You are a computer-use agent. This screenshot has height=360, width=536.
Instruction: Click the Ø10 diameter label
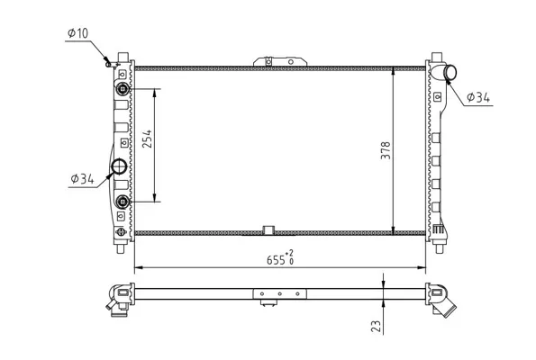click(78, 33)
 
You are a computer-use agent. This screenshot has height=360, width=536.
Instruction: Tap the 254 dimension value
click(147, 139)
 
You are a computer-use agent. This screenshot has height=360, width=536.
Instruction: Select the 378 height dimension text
click(386, 150)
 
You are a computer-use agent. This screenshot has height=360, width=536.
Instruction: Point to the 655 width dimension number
click(276, 260)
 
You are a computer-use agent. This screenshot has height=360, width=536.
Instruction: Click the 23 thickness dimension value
click(376, 326)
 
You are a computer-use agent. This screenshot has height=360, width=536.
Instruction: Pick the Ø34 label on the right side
click(478, 98)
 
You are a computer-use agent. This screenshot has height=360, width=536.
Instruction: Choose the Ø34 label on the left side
click(82, 178)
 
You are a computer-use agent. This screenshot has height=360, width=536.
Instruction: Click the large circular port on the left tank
click(119, 166)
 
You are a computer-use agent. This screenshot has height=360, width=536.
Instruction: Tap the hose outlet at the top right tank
click(450, 72)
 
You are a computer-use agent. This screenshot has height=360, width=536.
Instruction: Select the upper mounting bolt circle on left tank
click(123, 89)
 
